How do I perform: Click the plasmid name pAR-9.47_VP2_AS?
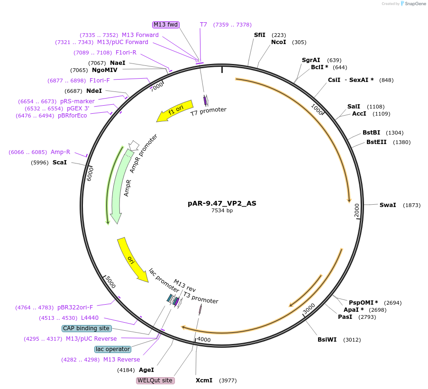click(222, 203)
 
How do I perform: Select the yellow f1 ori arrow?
click(175, 111)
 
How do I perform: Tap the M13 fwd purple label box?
click(165, 25)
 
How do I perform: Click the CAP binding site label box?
click(86, 328)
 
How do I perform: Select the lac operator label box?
click(112, 349)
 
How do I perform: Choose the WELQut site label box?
click(155, 380)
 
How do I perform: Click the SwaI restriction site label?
click(388, 205)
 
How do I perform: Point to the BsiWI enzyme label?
click(327, 340)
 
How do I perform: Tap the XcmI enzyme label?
click(204, 380)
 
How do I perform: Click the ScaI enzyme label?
click(60, 163)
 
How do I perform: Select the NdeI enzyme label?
click(94, 91)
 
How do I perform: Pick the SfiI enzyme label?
click(260, 35)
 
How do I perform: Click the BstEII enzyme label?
click(376, 142)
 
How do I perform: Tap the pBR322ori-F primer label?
click(75, 308)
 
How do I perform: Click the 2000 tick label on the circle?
click(357, 210)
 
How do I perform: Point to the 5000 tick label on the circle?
click(110, 282)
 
